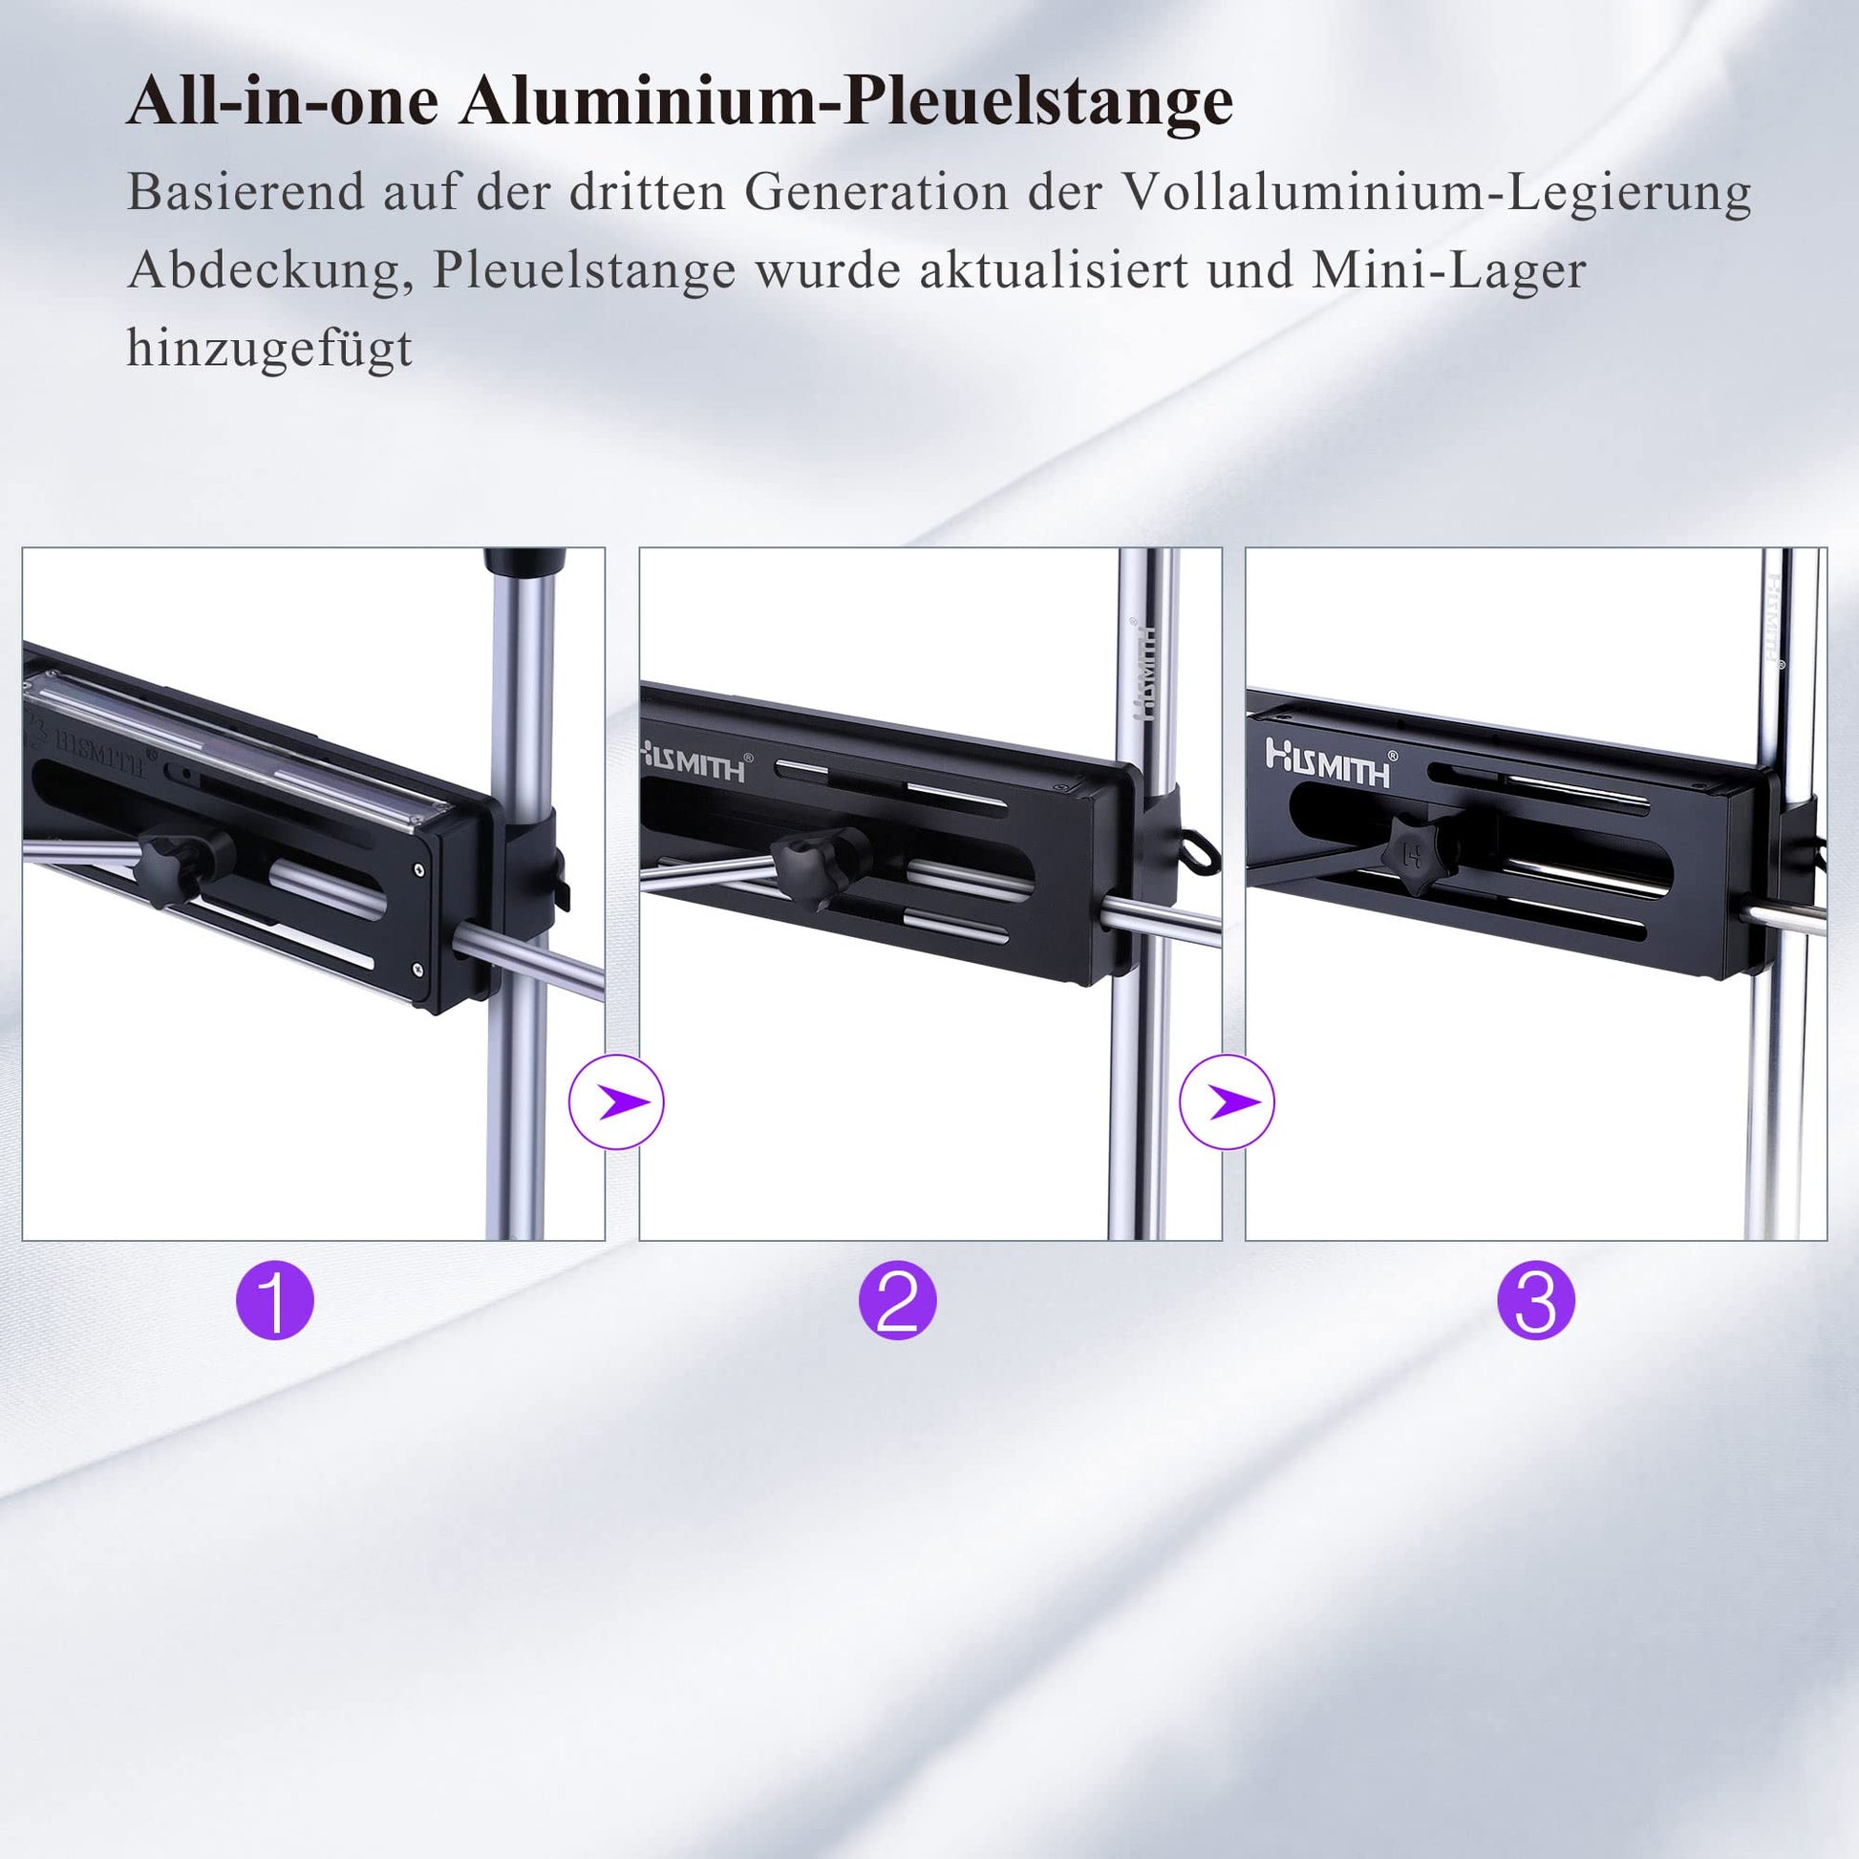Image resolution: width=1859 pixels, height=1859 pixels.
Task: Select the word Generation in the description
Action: click(x=876, y=192)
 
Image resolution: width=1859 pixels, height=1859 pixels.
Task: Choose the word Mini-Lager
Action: click(x=1448, y=272)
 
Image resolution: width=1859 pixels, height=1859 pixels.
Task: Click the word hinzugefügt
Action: click(x=269, y=349)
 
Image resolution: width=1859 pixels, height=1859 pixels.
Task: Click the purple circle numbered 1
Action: click(x=275, y=1300)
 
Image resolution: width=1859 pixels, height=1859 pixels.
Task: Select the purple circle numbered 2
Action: click(x=898, y=1300)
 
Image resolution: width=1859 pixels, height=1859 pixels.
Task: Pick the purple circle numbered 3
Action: click(x=1536, y=1300)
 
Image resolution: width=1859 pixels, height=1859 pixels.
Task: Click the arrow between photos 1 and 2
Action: click(x=617, y=1101)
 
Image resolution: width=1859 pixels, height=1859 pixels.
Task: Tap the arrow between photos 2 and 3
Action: click(x=1228, y=1101)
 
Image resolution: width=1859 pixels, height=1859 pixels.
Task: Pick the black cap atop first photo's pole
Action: click(x=524, y=562)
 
